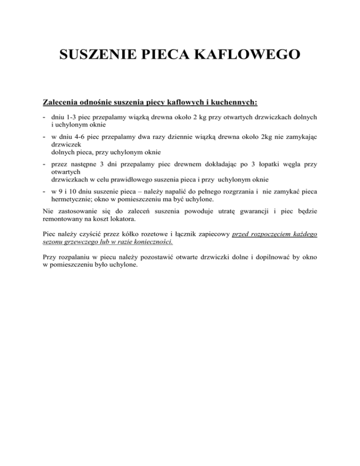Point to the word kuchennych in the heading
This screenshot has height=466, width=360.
226,102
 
